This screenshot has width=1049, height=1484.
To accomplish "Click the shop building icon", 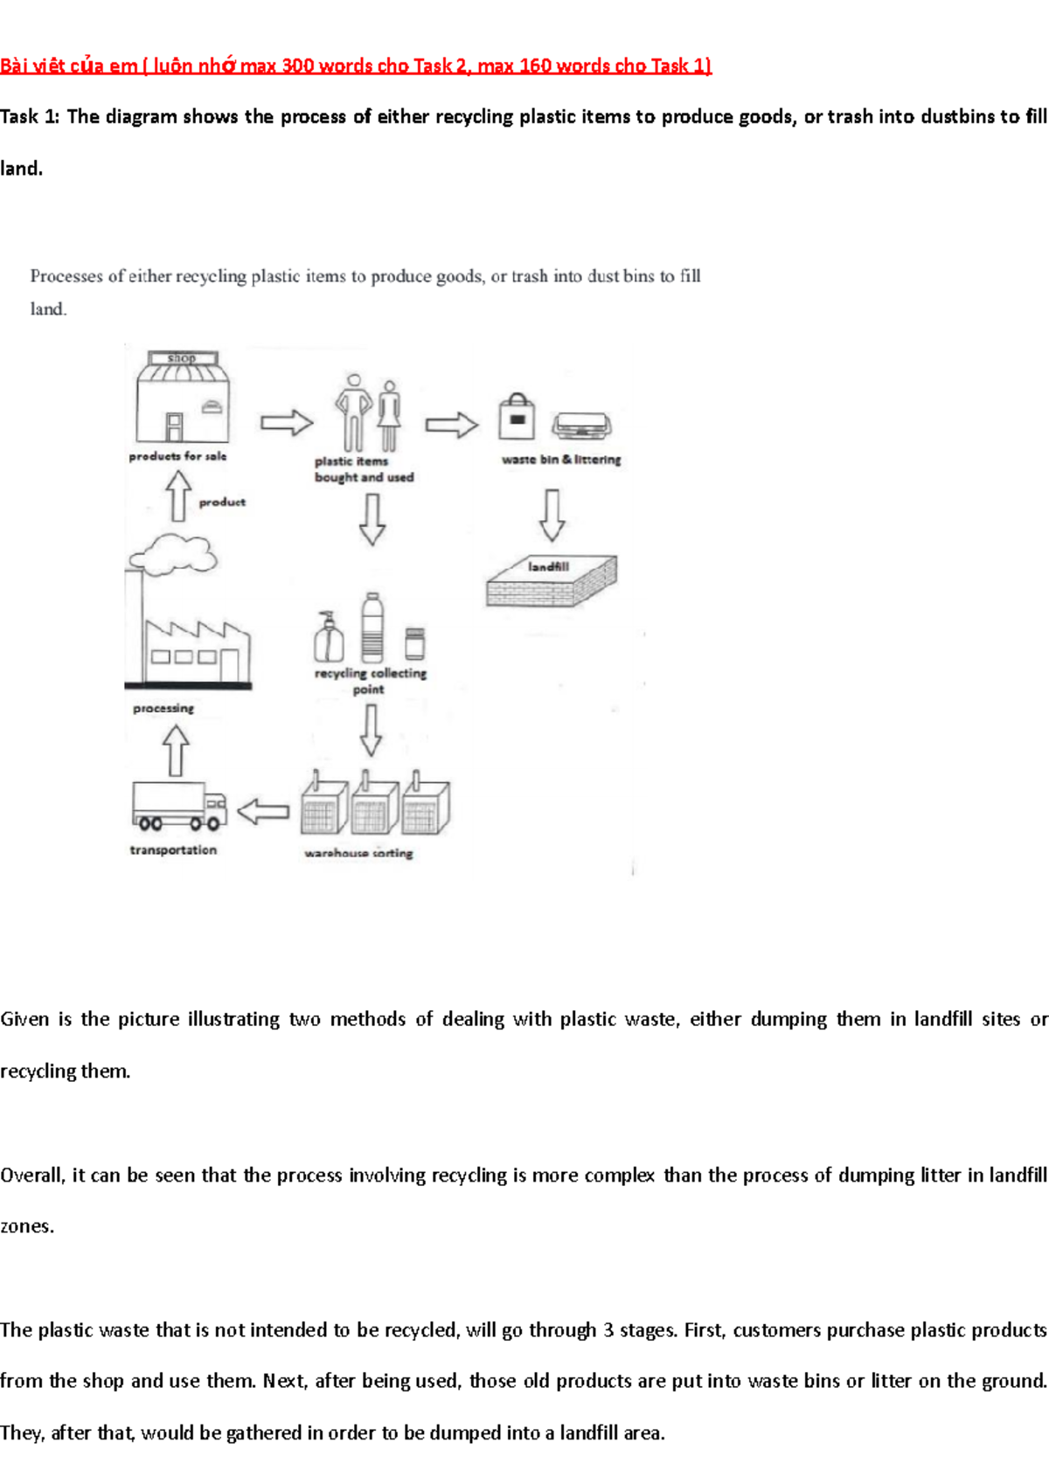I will coord(182,398).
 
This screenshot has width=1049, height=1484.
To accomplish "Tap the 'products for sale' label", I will coord(177,456).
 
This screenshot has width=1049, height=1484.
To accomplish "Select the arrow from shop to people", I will coord(287,423).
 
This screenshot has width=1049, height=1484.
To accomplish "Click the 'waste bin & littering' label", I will coord(561,460).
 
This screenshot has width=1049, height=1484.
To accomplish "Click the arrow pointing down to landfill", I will coord(552,515).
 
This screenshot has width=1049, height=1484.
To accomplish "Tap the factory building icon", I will coord(188,642).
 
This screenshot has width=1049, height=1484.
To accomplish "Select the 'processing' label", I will coord(163,709).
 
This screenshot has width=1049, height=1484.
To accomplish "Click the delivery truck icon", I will coord(179,805).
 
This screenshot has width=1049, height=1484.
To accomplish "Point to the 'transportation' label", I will coord(173,850).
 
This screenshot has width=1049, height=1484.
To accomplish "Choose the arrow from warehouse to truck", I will coord(263,811).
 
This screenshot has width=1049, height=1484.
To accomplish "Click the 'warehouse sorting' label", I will coord(358,853).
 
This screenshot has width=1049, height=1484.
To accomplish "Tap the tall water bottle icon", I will coord(372,628).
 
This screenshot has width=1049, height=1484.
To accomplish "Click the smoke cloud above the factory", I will coord(173,555).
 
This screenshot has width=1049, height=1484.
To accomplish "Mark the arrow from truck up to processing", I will coord(177,751).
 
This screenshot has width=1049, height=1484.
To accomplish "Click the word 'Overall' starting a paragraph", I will coord(31,1175).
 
